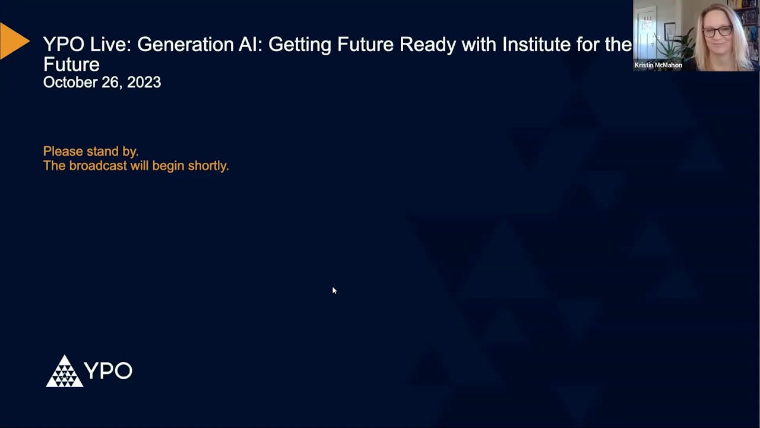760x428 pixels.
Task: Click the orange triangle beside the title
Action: tap(13, 41)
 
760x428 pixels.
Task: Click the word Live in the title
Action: tap(107, 45)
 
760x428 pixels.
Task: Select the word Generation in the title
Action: tap(194, 45)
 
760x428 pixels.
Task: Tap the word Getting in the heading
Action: tap(300, 45)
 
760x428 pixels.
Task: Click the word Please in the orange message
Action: tap(63, 152)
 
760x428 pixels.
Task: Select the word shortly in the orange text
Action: tap(208, 166)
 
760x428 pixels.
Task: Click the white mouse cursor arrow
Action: tap(334, 290)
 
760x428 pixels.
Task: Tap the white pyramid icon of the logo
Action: tap(64, 372)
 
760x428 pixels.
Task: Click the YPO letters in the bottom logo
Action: tap(108, 371)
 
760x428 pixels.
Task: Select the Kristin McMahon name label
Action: tap(658, 65)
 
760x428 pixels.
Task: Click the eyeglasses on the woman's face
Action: tap(717, 31)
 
